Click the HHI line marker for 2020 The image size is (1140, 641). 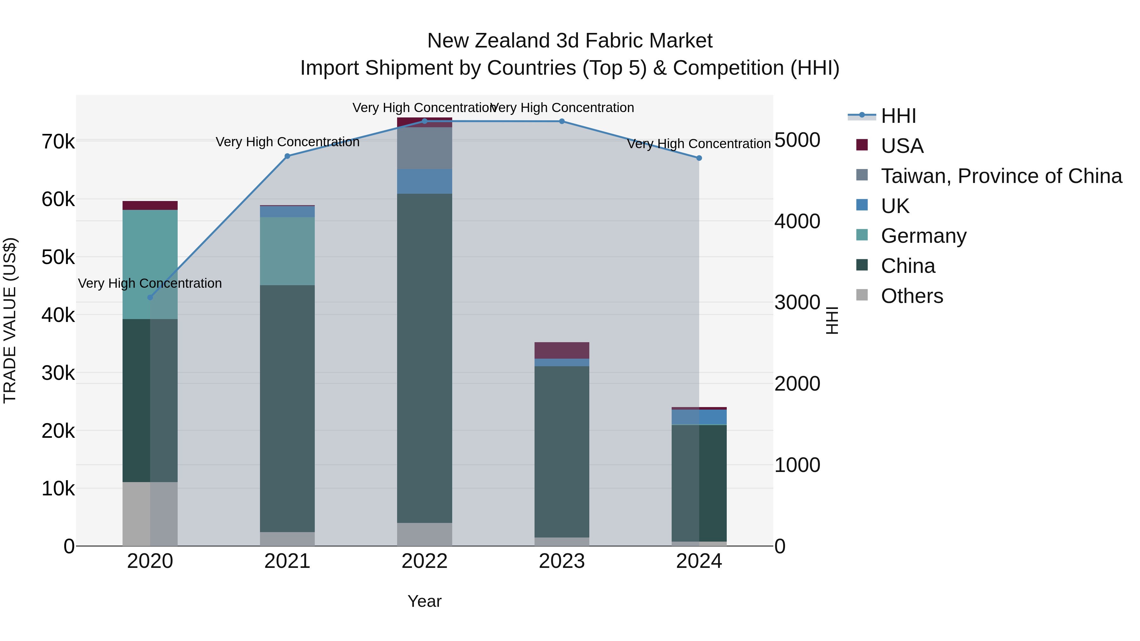click(150, 297)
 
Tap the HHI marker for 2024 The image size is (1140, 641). click(699, 158)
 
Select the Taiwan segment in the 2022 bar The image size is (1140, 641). click(424, 148)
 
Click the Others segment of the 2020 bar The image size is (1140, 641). click(150, 514)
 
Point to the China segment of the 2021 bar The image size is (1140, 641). click(287, 408)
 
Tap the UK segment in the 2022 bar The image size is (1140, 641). click(424, 181)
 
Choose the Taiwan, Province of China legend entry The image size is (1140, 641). click(1001, 176)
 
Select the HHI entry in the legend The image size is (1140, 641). click(898, 116)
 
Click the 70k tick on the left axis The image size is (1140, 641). click(58, 142)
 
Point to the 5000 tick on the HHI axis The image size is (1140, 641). click(797, 140)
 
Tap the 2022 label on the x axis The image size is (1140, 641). click(424, 561)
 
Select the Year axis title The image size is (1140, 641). click(424, 601)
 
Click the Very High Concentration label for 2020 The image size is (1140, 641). click(150, 283)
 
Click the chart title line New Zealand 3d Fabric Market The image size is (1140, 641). click(570, 41)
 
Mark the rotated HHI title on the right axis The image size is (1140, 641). click(832, 320)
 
